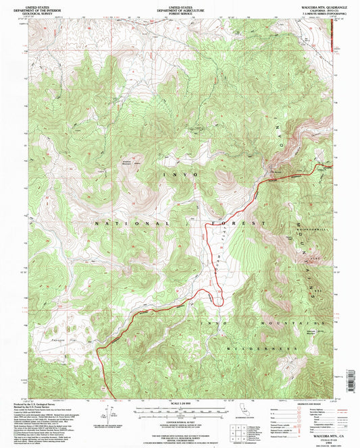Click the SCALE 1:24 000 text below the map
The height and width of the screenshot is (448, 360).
tap(179, 403)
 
